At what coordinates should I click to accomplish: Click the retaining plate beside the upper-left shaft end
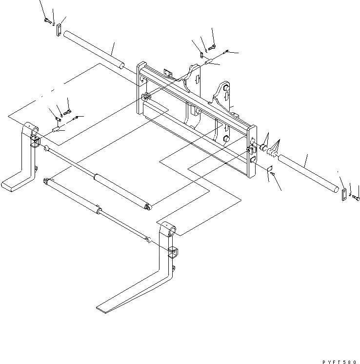[x=58, y=30]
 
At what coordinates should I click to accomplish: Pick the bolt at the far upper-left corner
[x=47, y=20]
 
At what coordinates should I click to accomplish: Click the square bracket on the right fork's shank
[x=173, y=253]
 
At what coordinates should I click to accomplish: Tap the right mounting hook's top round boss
[x=226, y=87]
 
